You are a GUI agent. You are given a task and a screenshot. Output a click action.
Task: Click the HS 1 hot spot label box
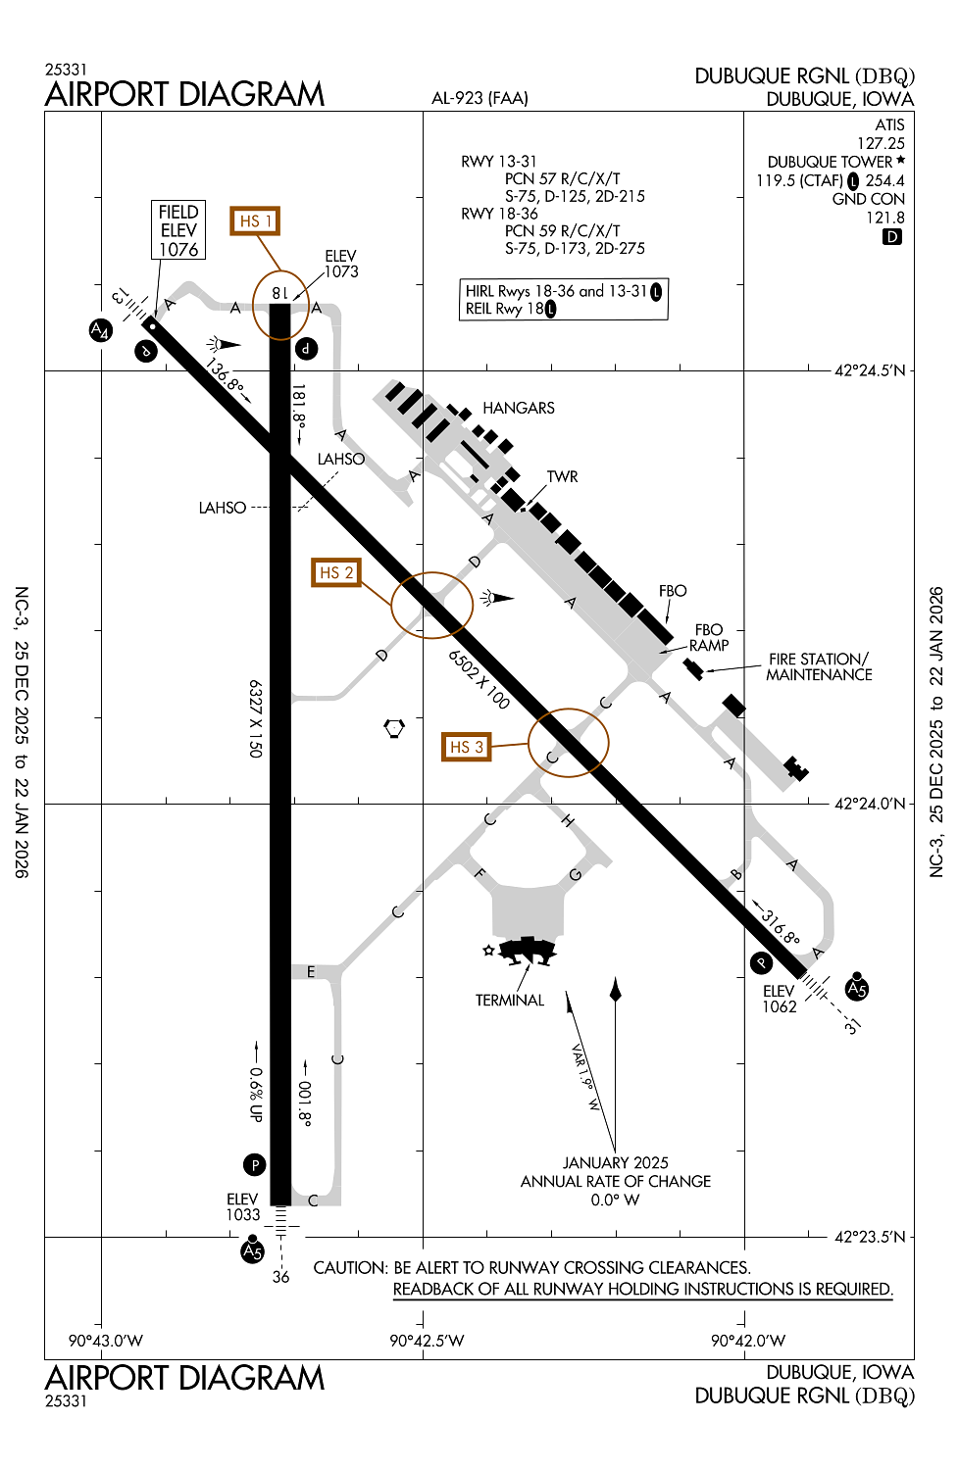coord(254,220)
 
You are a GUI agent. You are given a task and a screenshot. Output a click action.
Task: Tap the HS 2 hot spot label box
coord(335,572)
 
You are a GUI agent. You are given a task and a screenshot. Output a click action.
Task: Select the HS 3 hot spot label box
coord(466,747)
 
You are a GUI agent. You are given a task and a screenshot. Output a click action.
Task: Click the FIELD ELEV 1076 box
coord(178,230)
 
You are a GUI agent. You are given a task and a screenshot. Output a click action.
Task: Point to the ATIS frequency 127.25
coord(881,143)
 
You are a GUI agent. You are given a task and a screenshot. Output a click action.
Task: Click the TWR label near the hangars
coord(562,476)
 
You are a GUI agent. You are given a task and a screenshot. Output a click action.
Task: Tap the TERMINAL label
coord(509,1000)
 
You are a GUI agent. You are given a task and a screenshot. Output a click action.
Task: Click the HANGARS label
coord(519,408)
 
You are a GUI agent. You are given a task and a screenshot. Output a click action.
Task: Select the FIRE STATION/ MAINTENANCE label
coord(819,666)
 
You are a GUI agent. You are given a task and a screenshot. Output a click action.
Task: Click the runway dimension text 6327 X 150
coord(255,718)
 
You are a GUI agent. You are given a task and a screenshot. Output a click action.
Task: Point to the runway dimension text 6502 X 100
coord(479,678)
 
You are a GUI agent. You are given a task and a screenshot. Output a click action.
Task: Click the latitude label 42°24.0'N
coord(870,804)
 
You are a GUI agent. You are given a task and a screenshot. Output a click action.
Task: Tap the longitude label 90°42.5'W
coord(427,1341)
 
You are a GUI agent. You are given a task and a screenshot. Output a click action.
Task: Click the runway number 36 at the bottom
coord(280,1277)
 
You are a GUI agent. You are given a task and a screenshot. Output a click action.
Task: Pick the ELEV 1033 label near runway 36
coord(243,1207)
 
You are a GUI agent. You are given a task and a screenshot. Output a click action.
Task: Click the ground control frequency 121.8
coord(884,218)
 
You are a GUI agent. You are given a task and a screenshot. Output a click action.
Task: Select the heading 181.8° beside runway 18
coord(299,406)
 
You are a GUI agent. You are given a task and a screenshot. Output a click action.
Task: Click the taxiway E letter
coord(311,971)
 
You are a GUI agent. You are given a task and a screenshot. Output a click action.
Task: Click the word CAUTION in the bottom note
coord(349,1267)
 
